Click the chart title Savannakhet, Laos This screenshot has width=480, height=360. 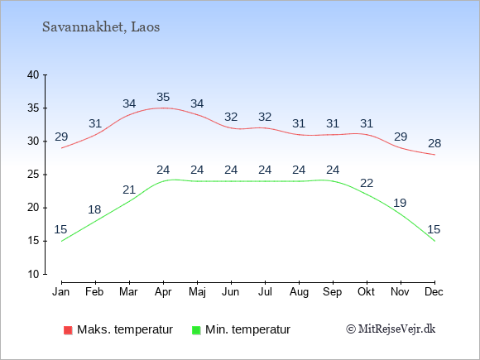coord(101,27)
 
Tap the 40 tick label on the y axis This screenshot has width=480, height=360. coord(33,74)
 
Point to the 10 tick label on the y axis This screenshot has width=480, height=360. coord(33,274)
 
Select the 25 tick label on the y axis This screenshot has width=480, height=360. coord(33,175)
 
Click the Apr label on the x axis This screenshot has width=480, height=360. coord(163,292)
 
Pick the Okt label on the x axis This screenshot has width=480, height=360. coord(366,292)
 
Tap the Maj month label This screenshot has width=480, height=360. coord(197,292)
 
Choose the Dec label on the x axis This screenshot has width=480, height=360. coord(434,292)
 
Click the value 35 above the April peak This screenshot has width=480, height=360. coord(163,97)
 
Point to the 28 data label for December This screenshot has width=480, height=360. coord(434,143)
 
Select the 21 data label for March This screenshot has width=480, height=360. coord(129,190)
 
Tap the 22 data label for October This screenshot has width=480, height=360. coord(367,183)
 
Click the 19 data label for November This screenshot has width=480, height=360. coord(400,203)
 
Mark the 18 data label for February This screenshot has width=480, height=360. coord(94,209)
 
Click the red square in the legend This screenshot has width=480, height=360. coord(68,330)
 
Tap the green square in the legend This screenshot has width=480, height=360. coord(196,330)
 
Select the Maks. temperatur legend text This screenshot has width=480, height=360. coord(125,329)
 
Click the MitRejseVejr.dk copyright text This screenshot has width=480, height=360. coord(391,329)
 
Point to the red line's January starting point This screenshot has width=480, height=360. coord(61,148)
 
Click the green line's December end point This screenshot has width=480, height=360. coord(434,241)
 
